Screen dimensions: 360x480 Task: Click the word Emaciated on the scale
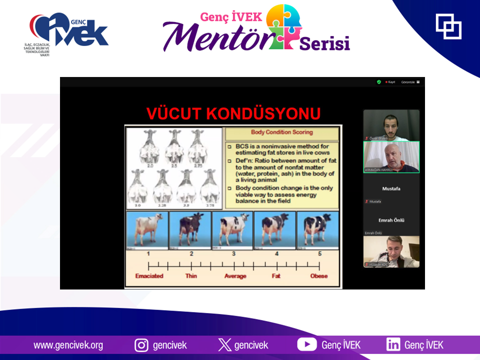[149, 276]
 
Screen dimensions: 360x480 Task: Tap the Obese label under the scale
[318, 276]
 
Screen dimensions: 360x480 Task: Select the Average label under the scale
[235, 276]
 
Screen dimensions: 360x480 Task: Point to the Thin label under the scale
[191, 276]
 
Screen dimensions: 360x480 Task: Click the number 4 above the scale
[276, 254]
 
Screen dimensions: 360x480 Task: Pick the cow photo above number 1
[146, 230]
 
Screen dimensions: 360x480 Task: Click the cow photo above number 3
[232, 230]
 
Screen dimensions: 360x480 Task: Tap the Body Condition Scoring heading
[282, 132]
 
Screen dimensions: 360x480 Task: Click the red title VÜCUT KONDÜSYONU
[233, 113]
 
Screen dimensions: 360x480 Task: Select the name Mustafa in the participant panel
[391, 188]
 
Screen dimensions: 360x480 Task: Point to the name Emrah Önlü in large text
[391, 220]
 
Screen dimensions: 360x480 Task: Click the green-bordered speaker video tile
[391, 157]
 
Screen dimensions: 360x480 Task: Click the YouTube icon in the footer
[306, 344]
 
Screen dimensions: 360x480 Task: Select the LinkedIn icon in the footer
[392, 344]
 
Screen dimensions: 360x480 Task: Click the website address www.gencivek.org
[68, 345]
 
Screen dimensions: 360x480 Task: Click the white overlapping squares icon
[448, 26]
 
